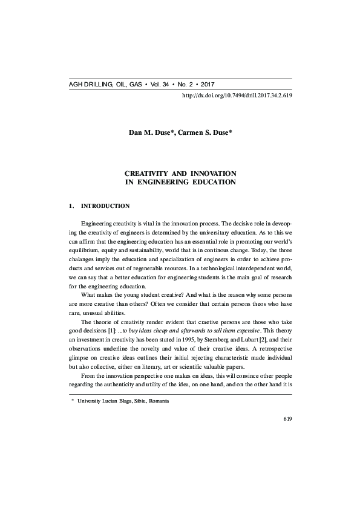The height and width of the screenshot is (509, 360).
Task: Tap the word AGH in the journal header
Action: pos(77,85)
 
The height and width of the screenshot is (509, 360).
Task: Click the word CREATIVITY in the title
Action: pos(149,173)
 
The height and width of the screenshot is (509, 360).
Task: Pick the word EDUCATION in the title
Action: pos(211,181)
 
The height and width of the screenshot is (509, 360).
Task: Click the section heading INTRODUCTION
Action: pos(105,206)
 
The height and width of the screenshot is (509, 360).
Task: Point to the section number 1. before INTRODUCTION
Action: pos(73,206)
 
